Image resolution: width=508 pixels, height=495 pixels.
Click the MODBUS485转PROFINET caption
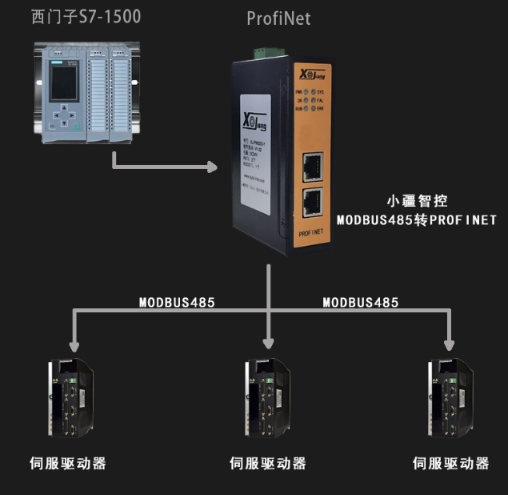[x=416, y=219]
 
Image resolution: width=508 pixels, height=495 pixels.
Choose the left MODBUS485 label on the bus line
[x=177, y=302]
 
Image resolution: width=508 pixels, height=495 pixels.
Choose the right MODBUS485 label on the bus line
[x=360, y=302]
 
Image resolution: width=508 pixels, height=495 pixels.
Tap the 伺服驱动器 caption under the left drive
[x=68, y=463]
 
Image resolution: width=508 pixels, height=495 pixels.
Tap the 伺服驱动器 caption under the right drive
[x=450, y=463]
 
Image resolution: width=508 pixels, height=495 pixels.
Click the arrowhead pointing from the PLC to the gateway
[x=212, y=167]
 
